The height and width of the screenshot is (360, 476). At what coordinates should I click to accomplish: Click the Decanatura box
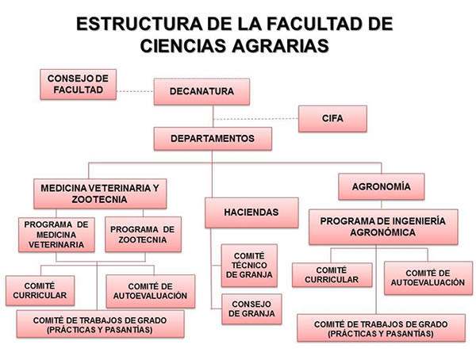pyautogui.click(x=201, y=93)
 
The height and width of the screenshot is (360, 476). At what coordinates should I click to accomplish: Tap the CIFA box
pyautogui.click(x=332, y=119)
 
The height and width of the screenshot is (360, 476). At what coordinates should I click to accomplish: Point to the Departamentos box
pyautogui.click(x=212, y=139)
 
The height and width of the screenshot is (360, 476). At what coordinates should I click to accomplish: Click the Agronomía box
pyautogui.click(x=380, y=187)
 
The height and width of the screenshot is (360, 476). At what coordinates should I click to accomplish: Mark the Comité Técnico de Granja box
pyautogui.click(x=248, y=264)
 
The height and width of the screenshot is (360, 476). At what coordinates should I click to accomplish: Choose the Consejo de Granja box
pyautogui.click(x=251, y=308)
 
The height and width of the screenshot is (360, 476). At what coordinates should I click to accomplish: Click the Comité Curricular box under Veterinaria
pyautogui.click(x=40, y=291)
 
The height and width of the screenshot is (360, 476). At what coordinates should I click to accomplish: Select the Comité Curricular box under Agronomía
pyautogui.click(x=331, y=274)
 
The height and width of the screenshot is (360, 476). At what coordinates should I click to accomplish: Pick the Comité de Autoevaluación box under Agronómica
pyautogui.click(x=424, y=278)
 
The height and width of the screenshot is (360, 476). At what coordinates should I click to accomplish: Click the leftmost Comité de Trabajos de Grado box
pyautogui.click(x=101, y=323)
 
